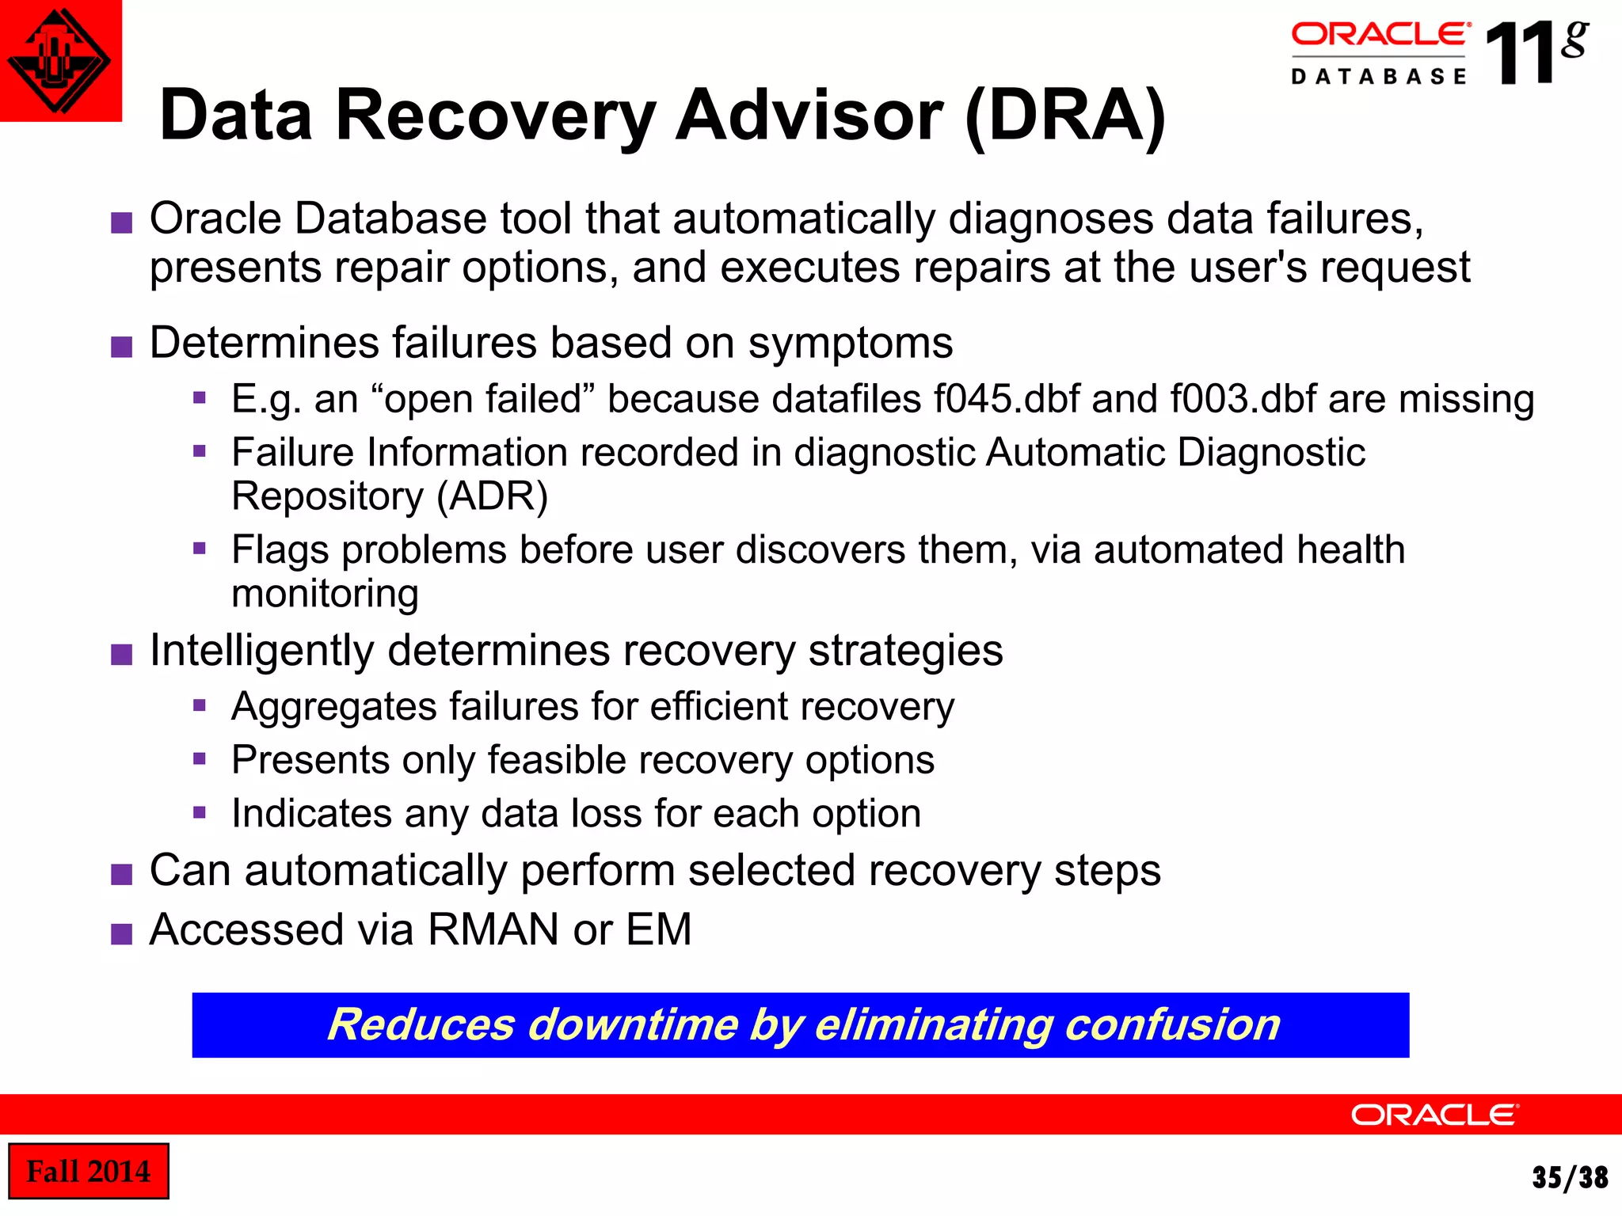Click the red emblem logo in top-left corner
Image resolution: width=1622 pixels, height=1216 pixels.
59,60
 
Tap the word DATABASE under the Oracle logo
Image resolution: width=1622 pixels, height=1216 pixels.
1379,77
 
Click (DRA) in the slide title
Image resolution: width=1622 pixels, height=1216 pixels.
1065,116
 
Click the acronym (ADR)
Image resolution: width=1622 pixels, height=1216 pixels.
493,496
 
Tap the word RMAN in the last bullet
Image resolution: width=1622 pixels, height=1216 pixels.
494,929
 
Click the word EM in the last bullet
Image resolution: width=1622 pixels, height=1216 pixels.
659,929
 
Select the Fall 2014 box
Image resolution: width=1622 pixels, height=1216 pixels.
88,1171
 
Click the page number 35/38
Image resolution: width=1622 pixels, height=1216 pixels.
1570,1177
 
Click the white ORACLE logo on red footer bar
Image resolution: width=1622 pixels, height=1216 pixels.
1434,1115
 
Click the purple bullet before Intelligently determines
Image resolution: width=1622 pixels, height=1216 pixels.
121,655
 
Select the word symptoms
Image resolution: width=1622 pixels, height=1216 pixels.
851,343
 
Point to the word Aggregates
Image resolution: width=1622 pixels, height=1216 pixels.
333,706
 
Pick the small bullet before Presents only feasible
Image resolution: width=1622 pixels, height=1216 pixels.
200,759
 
